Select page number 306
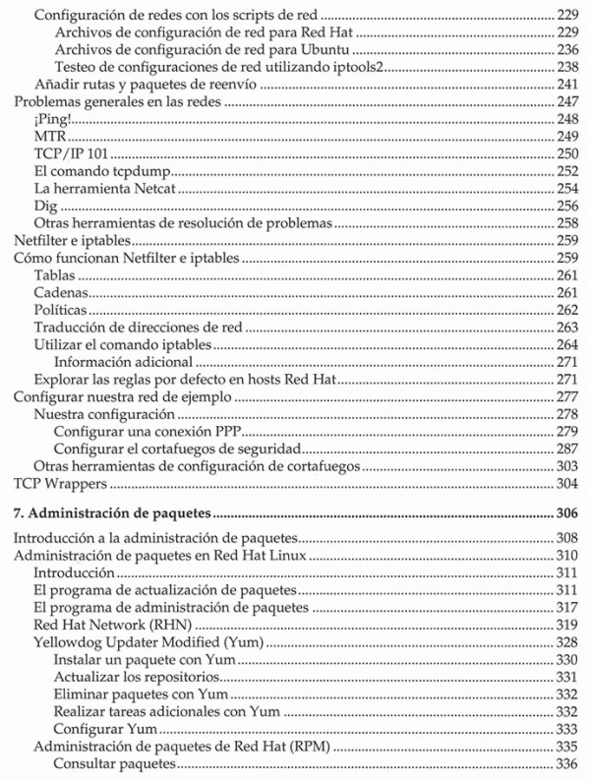[563, 513]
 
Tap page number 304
[563, 485]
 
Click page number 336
[563, 764]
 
